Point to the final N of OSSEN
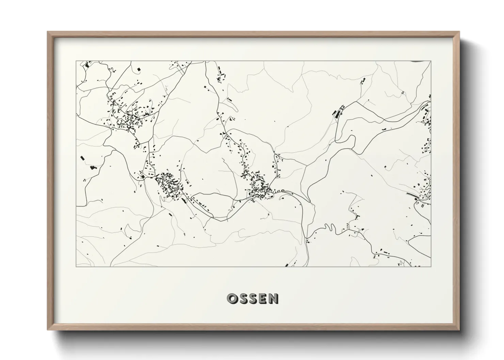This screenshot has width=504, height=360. (273, 298)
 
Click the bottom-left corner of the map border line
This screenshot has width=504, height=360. (76, 266)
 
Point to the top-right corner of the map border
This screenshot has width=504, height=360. (431, 61)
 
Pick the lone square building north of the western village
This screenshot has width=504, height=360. (139, 69)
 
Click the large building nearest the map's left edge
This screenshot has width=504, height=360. (82, 158)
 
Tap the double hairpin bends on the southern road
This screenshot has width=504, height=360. (329, 227)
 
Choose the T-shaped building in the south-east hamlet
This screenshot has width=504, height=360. (357, 216)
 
